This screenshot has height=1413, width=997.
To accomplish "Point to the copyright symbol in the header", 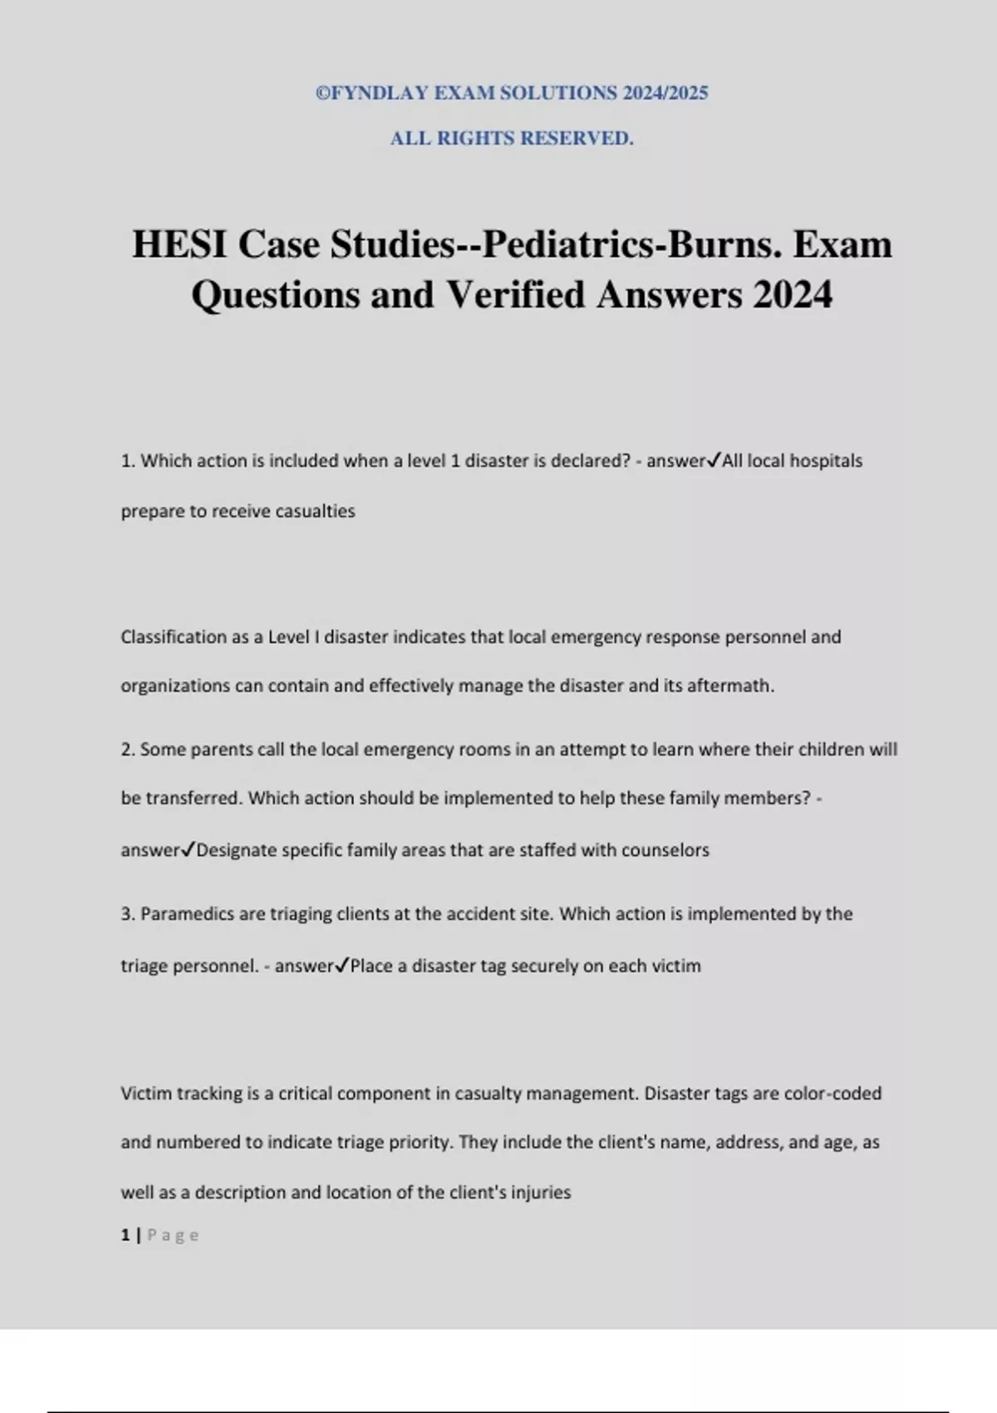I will pyautogui.click(x=322, y=93).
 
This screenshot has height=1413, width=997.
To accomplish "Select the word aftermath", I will pyautogui.click(x=730, y=686).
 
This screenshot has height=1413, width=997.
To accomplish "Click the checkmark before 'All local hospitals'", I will pyautogui.click(x=714, y=460).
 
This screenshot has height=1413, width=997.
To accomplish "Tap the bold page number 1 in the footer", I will pyautogui.click(x=125, y=1235).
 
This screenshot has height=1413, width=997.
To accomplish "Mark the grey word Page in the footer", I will pyautogui.click(x=173, y=1235).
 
